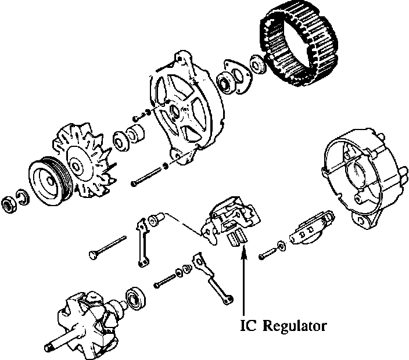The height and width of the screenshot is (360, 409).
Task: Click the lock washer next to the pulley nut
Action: pos(21,199)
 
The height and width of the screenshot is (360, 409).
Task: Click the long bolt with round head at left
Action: pos(108,246)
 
